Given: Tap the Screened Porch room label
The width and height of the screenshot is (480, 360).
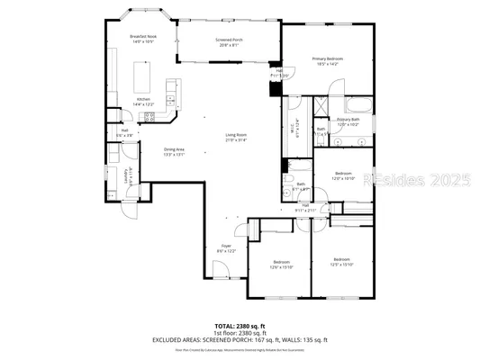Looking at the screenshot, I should [227, 41].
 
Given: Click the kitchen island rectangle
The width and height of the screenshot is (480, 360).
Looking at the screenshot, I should [143, 73].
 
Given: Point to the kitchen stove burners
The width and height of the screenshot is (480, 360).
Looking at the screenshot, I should [149, 116].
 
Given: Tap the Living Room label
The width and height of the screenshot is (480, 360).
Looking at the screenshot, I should [237, 137].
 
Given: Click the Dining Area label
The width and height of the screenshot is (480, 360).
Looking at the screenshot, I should [175, 151].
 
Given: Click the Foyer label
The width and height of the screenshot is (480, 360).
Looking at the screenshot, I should [226, 247].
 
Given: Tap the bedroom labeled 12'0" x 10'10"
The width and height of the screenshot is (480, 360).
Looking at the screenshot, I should [343, 175].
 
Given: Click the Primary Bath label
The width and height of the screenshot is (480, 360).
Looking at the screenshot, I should [349, 121].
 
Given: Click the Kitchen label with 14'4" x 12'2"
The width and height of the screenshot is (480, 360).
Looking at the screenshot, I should [143, 102].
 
